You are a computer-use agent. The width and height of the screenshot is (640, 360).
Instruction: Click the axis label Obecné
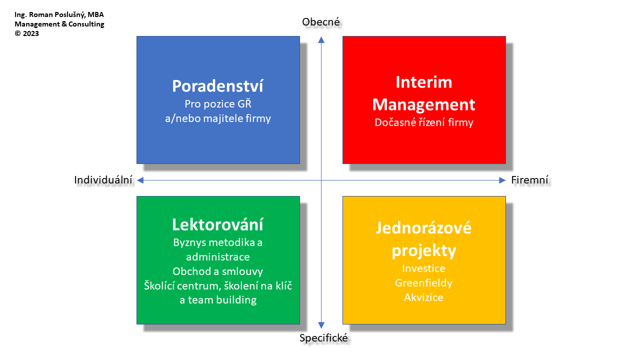click(321, 22)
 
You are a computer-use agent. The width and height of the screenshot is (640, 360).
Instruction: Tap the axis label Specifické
click(323, 338)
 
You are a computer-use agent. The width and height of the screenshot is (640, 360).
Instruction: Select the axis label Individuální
click(103, 180)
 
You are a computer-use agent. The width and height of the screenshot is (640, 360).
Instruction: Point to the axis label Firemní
click(529, 180)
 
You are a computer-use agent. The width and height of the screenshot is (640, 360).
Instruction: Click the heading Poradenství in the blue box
click(217, 86)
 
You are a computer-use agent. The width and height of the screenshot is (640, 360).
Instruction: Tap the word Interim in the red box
click(424, 82)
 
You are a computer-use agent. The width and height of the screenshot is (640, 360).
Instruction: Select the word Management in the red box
click(423, 104)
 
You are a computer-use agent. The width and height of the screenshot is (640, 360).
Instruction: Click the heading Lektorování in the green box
click(217, 224)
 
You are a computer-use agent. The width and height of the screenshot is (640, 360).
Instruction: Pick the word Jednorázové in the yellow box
click(423, 228)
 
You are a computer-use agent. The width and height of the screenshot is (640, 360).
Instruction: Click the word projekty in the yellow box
click(423, 251)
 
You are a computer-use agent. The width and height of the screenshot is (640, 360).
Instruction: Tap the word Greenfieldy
click(423, 283)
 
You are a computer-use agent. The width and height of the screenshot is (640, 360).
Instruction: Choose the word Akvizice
click(423, 297)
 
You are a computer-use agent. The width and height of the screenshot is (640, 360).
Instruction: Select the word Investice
click(423, 268)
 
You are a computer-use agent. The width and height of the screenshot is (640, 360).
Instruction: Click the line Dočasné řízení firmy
click(424, 122)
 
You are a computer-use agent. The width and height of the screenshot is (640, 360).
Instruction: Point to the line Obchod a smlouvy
click(217, 271)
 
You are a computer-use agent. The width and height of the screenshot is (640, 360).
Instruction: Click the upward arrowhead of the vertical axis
click(321, 39)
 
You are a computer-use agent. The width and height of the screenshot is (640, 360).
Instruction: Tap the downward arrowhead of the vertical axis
click(321, 325)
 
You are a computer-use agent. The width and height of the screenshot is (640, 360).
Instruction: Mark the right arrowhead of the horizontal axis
click(502, 180)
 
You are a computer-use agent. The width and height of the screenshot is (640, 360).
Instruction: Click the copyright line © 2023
click(26, 33)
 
